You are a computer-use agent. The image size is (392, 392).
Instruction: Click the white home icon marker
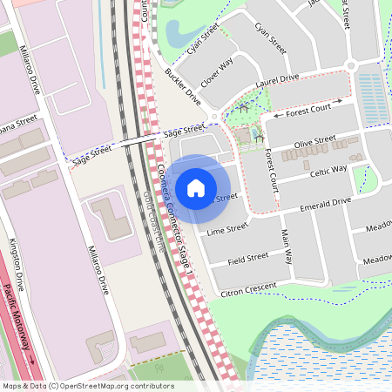[196, 186]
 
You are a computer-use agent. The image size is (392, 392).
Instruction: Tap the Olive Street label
[314, 140]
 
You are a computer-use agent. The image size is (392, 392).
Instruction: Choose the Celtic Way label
[328, 169]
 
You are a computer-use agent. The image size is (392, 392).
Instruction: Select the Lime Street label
[227, 231]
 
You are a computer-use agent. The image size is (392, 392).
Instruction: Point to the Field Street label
[247, 259]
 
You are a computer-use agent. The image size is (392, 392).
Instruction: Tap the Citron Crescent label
[249, 287]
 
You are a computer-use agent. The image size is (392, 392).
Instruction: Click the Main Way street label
[287, 244]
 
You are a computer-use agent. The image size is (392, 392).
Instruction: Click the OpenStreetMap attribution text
[87, 385]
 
